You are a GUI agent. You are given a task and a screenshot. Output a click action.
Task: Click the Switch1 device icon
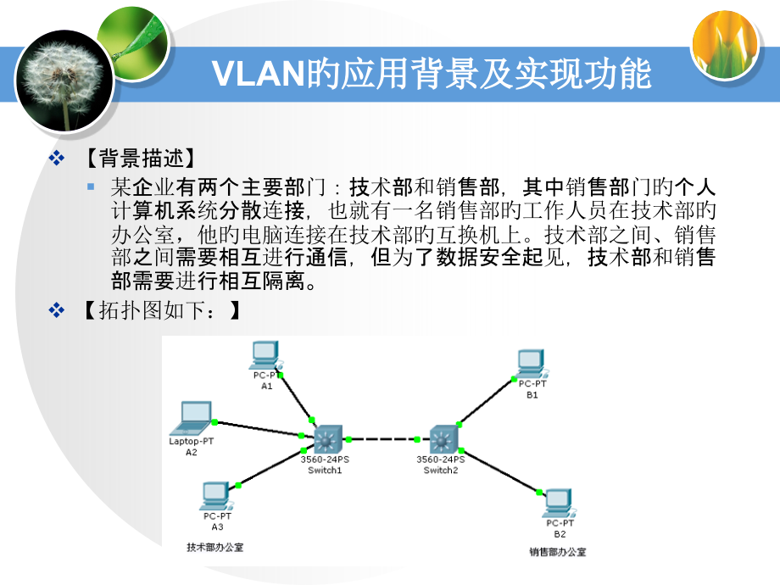(x=326, y=439)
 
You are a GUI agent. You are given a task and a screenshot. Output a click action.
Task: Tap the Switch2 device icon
(x=441, y=439)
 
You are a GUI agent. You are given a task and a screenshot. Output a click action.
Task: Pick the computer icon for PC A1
(x=265, y=354)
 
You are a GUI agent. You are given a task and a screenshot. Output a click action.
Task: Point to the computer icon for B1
(x=532, y=364)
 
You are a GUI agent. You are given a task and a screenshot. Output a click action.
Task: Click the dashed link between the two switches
(x=382, y=439)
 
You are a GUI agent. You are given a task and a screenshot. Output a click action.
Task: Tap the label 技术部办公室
(x=214, y=547)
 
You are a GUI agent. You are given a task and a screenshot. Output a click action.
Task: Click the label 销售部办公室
(x=557, y=552)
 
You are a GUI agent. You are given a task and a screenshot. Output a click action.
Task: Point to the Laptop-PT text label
(x=191, y=442)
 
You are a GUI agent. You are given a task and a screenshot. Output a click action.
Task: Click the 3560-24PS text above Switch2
(x=441, y=460)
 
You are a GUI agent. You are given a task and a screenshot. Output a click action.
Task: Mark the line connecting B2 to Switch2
(x=500, y=471)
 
